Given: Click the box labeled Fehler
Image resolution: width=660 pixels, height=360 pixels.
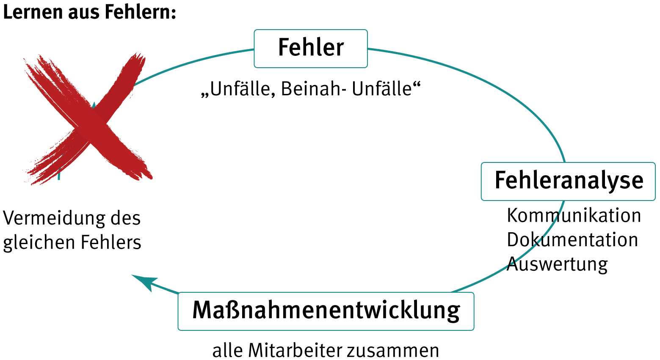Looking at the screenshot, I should (310, 48).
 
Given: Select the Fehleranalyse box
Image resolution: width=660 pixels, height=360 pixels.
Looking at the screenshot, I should (568, 181).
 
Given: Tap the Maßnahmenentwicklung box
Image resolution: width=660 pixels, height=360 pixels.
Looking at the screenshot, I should (326, 311).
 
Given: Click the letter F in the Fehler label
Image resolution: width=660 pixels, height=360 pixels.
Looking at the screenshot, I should (284, 47).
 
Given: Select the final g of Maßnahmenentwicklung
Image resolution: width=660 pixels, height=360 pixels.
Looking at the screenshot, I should (453, 313).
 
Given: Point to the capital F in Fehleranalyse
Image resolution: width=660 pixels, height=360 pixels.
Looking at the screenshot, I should (500, 180).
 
